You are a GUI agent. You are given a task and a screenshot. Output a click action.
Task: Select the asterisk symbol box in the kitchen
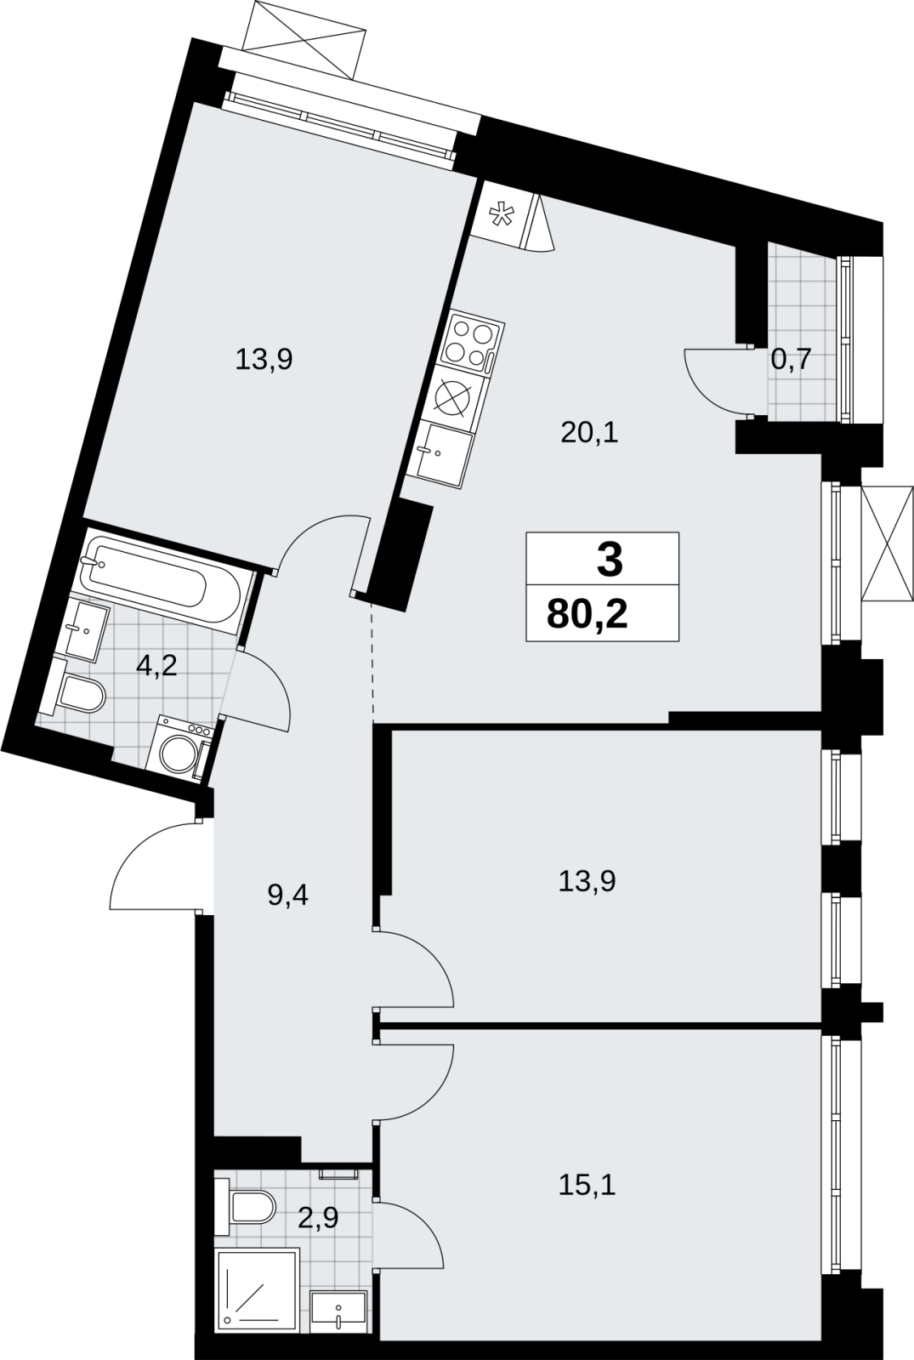pyautogui.click(x=502, y=214)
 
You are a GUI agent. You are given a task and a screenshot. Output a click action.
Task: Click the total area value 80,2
pyautogui.click(x=587, y=615)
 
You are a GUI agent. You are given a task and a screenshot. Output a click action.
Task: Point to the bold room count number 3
pyautogui.click(x=610, y=560)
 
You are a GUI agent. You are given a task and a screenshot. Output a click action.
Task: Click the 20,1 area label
pyautogui.click(x=589, y=433)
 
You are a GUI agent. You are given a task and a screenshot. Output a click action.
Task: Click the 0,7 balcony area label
pyautogui.click(x=791, y=361)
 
